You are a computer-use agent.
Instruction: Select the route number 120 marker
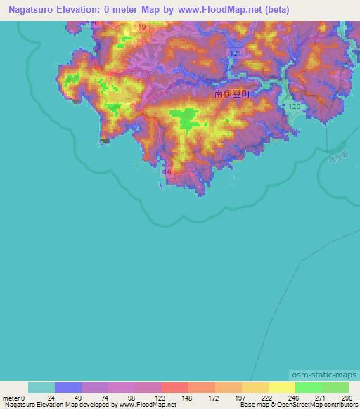(295, 105)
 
